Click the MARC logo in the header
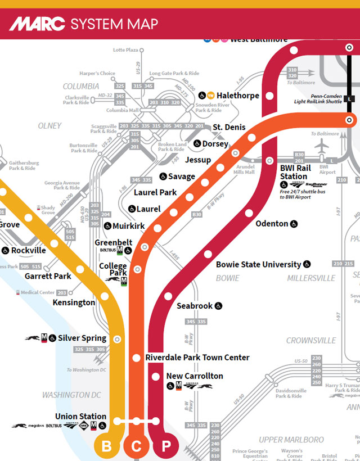(x=37, y=24)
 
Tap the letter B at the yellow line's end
(x=106, y=447)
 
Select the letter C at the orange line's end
(x=136, y=447)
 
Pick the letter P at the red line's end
(x=166, y=447)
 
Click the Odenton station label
(x=272, y=224)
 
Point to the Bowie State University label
(x=258, y=264)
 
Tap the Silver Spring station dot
(x=117, y=339)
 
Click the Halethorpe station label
(x=238, y=96)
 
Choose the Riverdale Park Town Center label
(x=197, y=358)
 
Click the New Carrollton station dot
(x=156, y=376)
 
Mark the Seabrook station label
(x=195, y=306)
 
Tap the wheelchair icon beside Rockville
(x=6, y=250)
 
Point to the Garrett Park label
(x=48, y=276)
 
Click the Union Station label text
(x=80, y=417)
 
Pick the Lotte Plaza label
(x=125, y=50)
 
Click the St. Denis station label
(x=229, y=128)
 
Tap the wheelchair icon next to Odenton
(x=294, y=224)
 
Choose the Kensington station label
(x=74, y=302)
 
